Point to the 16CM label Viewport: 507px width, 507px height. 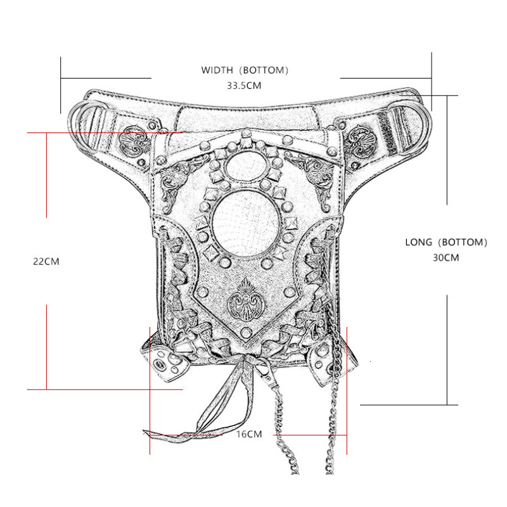248,434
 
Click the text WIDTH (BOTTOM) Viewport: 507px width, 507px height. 245,70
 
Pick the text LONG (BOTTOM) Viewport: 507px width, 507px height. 446,242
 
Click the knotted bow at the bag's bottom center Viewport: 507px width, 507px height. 250,365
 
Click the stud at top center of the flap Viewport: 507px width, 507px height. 245,134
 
